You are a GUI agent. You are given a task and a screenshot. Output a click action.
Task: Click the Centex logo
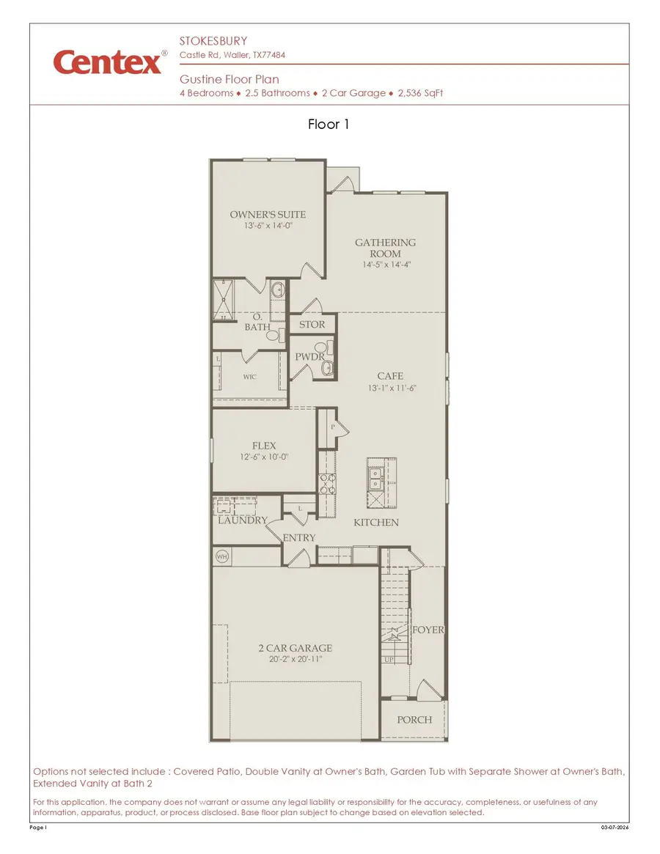click(107, 62)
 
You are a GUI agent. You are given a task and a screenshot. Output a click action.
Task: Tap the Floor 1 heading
click(329, 125)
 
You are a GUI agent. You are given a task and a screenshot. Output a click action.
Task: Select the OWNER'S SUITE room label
click(268, 215)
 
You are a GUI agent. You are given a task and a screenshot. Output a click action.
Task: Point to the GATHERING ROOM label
click(385, 248)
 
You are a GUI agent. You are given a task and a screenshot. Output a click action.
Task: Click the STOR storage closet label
click(312, 325)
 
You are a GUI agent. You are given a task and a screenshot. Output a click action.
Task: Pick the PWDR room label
click(309, 357)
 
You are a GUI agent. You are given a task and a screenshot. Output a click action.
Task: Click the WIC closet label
click(250, 377)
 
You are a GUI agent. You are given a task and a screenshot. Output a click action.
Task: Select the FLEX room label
click(264, 446)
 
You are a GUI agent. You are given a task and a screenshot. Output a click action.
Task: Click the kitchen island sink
click(375, 478)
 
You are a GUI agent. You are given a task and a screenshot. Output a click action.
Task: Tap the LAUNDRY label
click(242, 520)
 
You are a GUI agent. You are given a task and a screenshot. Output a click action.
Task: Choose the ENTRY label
click(299, 538)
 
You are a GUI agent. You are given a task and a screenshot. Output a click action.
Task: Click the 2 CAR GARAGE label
click(295, 648)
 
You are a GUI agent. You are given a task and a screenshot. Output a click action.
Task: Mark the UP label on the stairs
click(389, 660)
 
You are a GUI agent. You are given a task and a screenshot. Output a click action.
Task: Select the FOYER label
click(429, 630)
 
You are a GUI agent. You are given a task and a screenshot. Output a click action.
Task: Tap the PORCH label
click(414, 720)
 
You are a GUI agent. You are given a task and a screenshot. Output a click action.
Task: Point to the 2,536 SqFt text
click(420, 93)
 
